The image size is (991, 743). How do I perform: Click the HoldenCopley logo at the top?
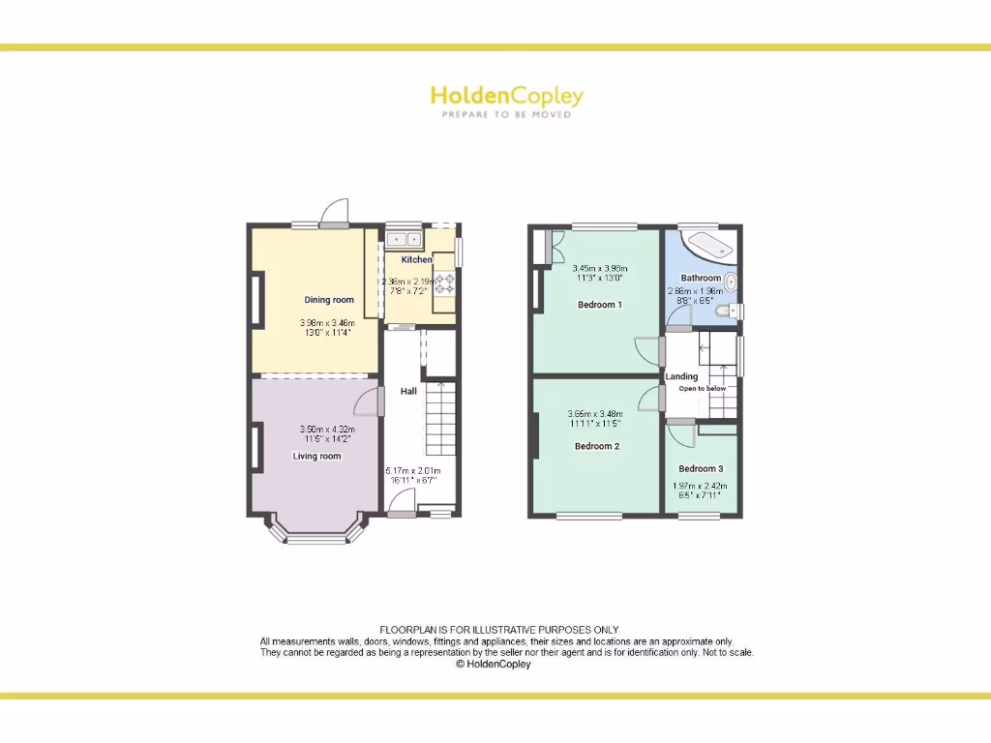click(506, 96)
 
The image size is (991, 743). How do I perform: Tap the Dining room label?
click(329, 300)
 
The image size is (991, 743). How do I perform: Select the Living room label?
click(317, 456)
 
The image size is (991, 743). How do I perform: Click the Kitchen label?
click(417, 259)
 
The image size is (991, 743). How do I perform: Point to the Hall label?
click(409, 391)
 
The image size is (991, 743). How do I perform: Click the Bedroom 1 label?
click(599, 305)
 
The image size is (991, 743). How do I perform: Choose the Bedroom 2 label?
click(597, 446)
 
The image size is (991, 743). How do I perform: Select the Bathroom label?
click(701, 278)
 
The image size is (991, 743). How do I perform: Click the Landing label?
click(681, 376)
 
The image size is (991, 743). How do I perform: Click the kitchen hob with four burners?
click(445, 283)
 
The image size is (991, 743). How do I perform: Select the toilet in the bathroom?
click(728, 311)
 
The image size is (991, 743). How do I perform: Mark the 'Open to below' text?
click(702, 389)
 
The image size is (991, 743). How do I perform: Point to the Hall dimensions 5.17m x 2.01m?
click(411, 472)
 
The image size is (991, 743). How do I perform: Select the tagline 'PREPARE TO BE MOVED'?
click(506, 114)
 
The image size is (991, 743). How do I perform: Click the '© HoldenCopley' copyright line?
click(494, 665)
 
